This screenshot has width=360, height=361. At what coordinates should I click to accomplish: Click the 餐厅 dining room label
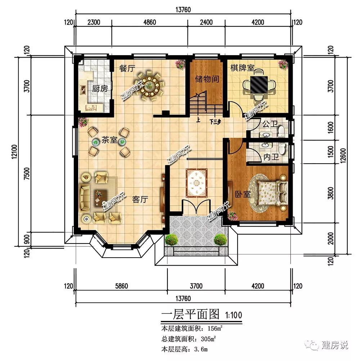pyautogui.click(x=127, y=68)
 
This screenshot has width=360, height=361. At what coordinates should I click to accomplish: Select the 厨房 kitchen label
pyautogui.click(x=100, y=88)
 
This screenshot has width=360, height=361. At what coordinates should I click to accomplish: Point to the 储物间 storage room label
pyautogui.click(x=207, y=79)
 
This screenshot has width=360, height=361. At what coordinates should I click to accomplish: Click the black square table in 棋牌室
pyautogui.click(x=259, y=84)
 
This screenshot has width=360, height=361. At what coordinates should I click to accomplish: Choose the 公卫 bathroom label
pyautogui.click(x=270, y=124)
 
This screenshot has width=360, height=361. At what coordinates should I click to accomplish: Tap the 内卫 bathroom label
pyautogui.click(x=271, y=157)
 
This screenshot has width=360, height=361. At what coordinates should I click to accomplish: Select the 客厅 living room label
pyautogui.click(x=140, y=199)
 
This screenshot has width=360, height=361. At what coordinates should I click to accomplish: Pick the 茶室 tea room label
pyautogui.click(x=109, y=140)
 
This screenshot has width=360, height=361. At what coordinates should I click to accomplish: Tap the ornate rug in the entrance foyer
pyautogui.click(x=196, y=183)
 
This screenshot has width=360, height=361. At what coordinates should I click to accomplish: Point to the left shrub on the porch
pyautogui.click(x=171, y=240)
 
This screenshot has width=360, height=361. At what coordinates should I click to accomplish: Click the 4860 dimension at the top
pyautogui.click(x=149, y=22)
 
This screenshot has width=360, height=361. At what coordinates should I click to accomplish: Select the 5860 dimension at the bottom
pyautogui.click(x=121, y=286)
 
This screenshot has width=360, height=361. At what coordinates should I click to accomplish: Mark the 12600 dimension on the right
pyautogui.click(x=343, y=156)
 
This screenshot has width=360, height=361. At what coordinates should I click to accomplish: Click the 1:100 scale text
pyautogui.click(x=234, y=315)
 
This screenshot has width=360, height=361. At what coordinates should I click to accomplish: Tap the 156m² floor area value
pyautogui.click(x=215, y=328)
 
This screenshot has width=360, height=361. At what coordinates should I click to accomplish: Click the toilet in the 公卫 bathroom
pyautogui.click(x=281, y=130)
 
